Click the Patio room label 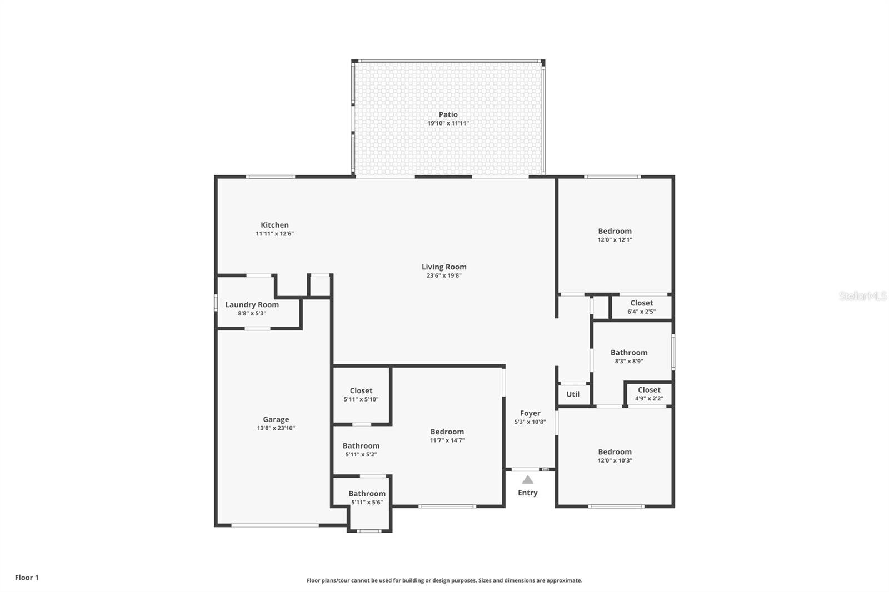(448, 114)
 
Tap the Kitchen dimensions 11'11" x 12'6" (274, 234)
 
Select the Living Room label (444, 267)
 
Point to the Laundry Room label (252, 305)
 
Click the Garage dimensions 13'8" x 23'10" (276, 428)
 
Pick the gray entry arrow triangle (527, 480)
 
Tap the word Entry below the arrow (527, 493)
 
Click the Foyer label (530, 413)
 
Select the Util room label (573, 394)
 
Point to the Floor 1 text (27, 578)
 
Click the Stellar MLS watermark (863, 295)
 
